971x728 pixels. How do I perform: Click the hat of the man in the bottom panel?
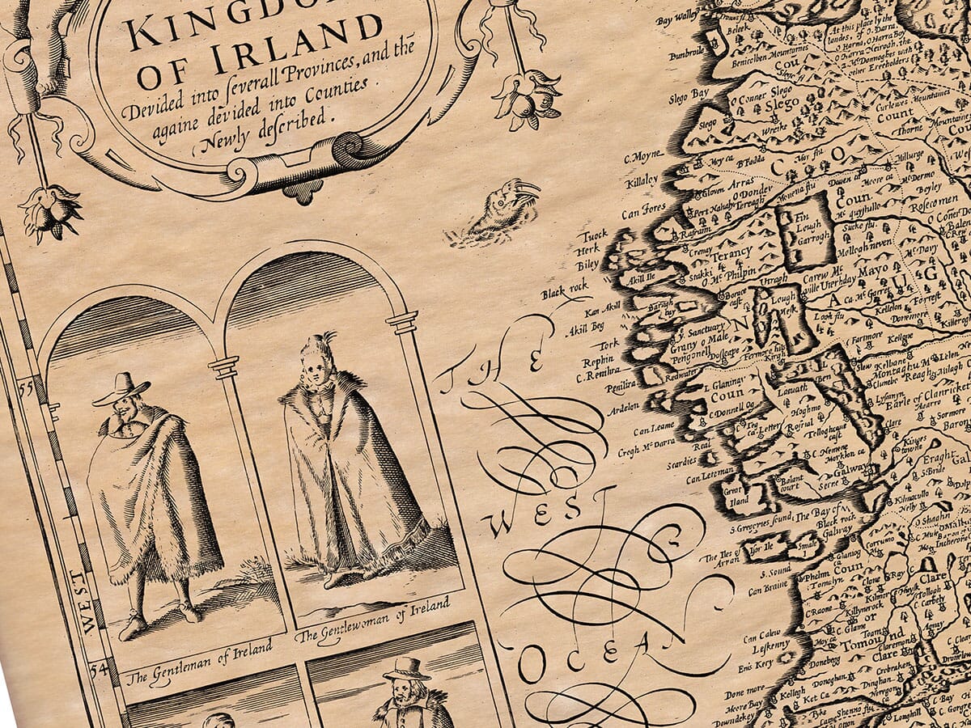pyautogui.click(x=406, y=668)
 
